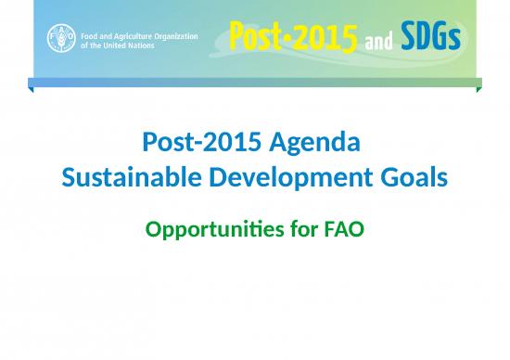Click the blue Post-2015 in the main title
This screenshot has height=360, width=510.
coord(198,143)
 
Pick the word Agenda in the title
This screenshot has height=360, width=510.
coord(312,143)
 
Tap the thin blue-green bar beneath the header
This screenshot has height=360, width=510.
coord(255,83)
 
